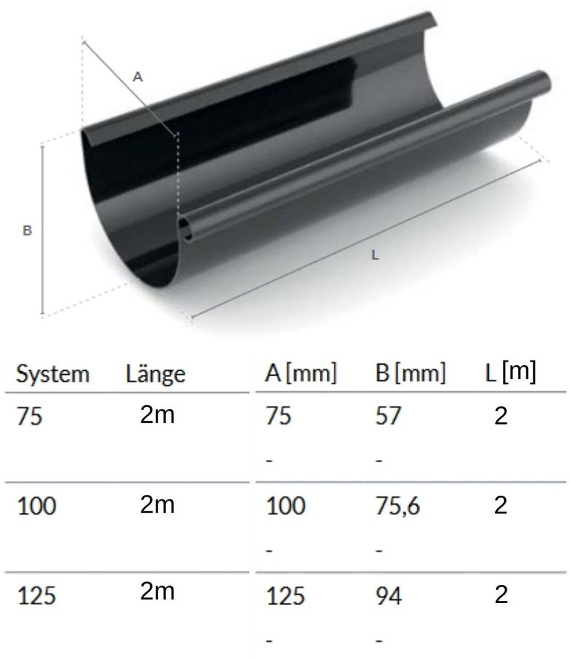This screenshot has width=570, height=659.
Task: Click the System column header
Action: pos(53,374)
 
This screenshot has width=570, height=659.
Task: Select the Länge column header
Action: pos(155,375)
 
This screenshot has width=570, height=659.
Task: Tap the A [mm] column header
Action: pos(301,373)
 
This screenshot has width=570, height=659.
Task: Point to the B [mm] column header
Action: pos(410,373)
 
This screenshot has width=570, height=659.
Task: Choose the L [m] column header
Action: pos(510,372)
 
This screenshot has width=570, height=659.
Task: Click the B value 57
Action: pos(388,416)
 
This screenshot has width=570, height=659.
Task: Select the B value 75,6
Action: pos(398,506)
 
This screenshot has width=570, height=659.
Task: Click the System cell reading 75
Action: pos(29,417)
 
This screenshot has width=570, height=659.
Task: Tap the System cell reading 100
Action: pos(37,506)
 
